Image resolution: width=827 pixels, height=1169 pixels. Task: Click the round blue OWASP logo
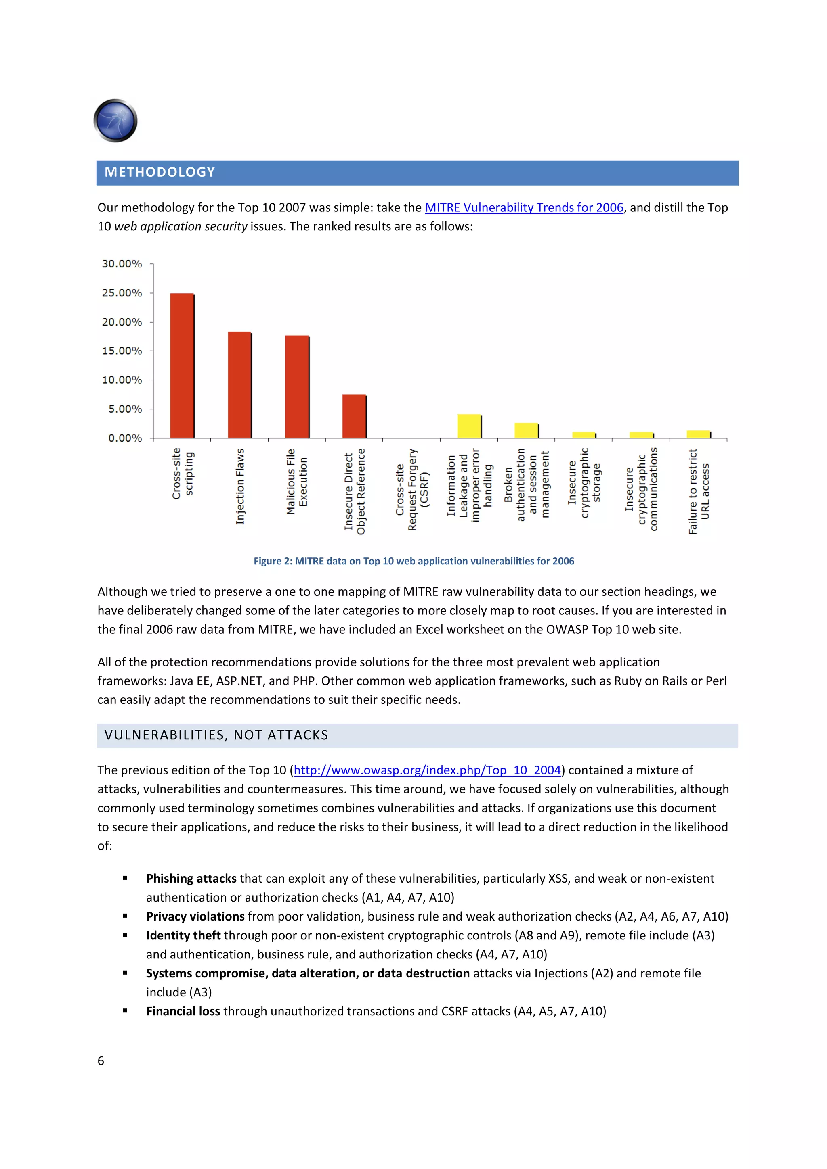[115, 121]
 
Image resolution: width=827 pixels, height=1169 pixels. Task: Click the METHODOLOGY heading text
[160, 172]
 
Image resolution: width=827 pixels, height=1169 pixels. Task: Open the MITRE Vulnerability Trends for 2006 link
[524, 208]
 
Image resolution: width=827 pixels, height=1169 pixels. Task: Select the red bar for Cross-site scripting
[182, 365]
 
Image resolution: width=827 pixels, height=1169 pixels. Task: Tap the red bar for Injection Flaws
[239, 384]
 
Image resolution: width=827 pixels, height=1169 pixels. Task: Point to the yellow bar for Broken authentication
[527, 430]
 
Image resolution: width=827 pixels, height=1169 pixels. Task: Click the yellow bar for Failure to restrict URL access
[699, 434]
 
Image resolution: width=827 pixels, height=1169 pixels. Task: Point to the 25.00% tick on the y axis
[122, 293]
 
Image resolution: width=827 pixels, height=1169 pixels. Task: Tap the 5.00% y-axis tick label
[125, 409]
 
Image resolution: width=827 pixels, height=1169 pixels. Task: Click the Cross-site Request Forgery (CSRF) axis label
[412, 490]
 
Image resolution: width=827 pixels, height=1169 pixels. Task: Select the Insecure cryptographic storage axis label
[584, 483]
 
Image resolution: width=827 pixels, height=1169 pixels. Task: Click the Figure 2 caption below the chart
[414, 561]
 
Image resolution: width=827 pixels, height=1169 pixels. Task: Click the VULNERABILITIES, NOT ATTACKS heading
[216, 735]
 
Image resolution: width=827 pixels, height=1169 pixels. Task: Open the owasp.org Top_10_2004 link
[427, 770]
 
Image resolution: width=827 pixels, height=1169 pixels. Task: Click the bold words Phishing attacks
[191, 879]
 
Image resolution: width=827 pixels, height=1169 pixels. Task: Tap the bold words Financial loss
[183, 1011]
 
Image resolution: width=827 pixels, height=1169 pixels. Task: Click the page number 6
[101, 1060]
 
